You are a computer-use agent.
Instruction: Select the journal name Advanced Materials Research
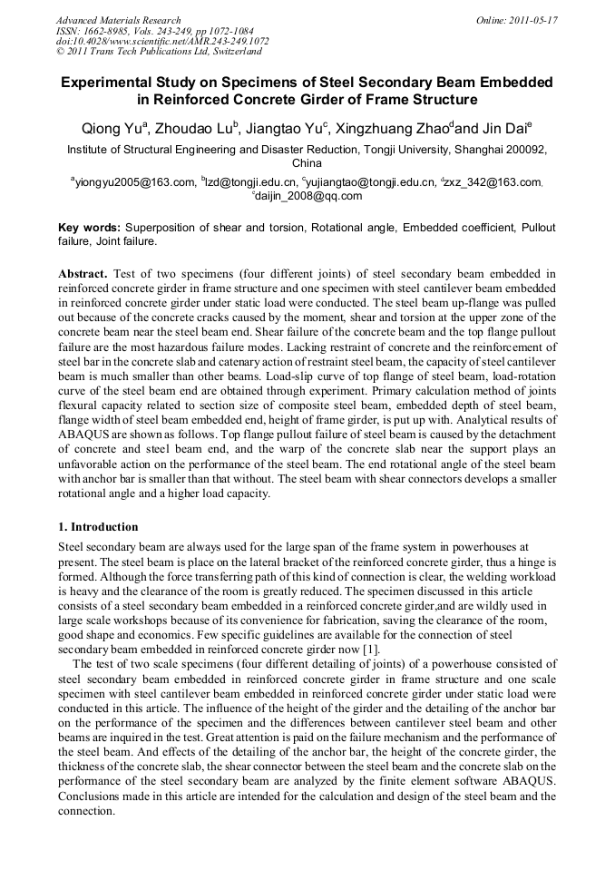pyautogui.click(x=118, y=20)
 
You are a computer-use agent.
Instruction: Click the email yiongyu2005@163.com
pyautogui.click(x=135, y=181)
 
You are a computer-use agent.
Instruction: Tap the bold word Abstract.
pyautogui.click(x=83, y=273)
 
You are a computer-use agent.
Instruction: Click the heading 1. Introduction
pyautogui.click(x=98, y=527)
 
